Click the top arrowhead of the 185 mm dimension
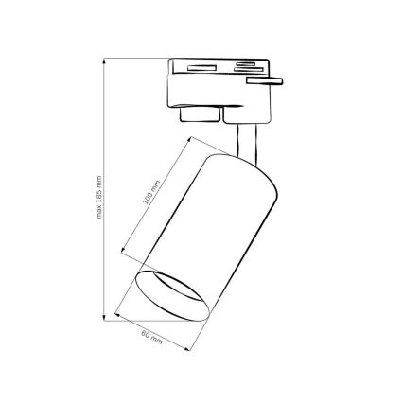[104, 60]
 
